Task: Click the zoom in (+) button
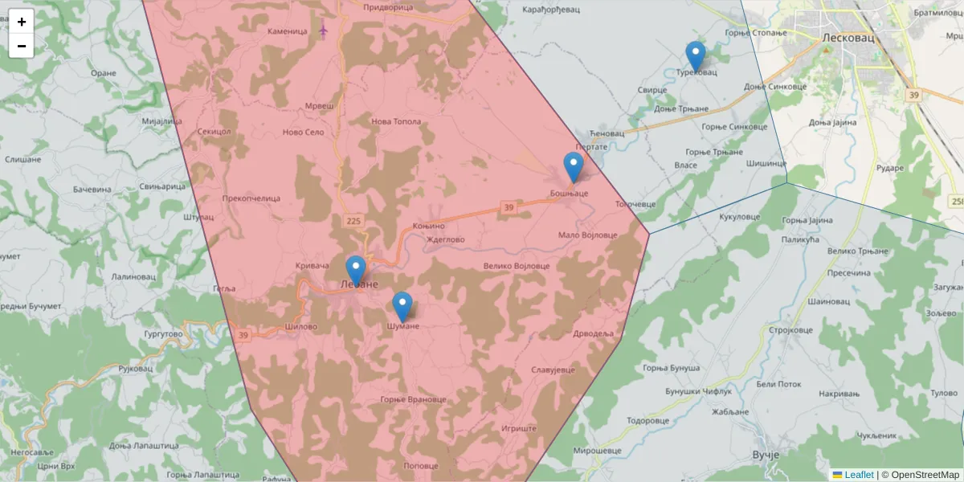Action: point(22,22)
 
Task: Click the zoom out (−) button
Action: point(22,46)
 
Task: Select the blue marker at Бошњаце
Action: point(573,167)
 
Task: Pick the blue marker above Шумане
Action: point(402,307)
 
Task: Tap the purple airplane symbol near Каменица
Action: point(324,31)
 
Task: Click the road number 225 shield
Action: point(354,220)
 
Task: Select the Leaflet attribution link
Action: point(859,475)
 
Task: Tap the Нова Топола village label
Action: point(396,122)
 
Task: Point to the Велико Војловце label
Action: point(517,266)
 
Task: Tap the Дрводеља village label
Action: point(594,333)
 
